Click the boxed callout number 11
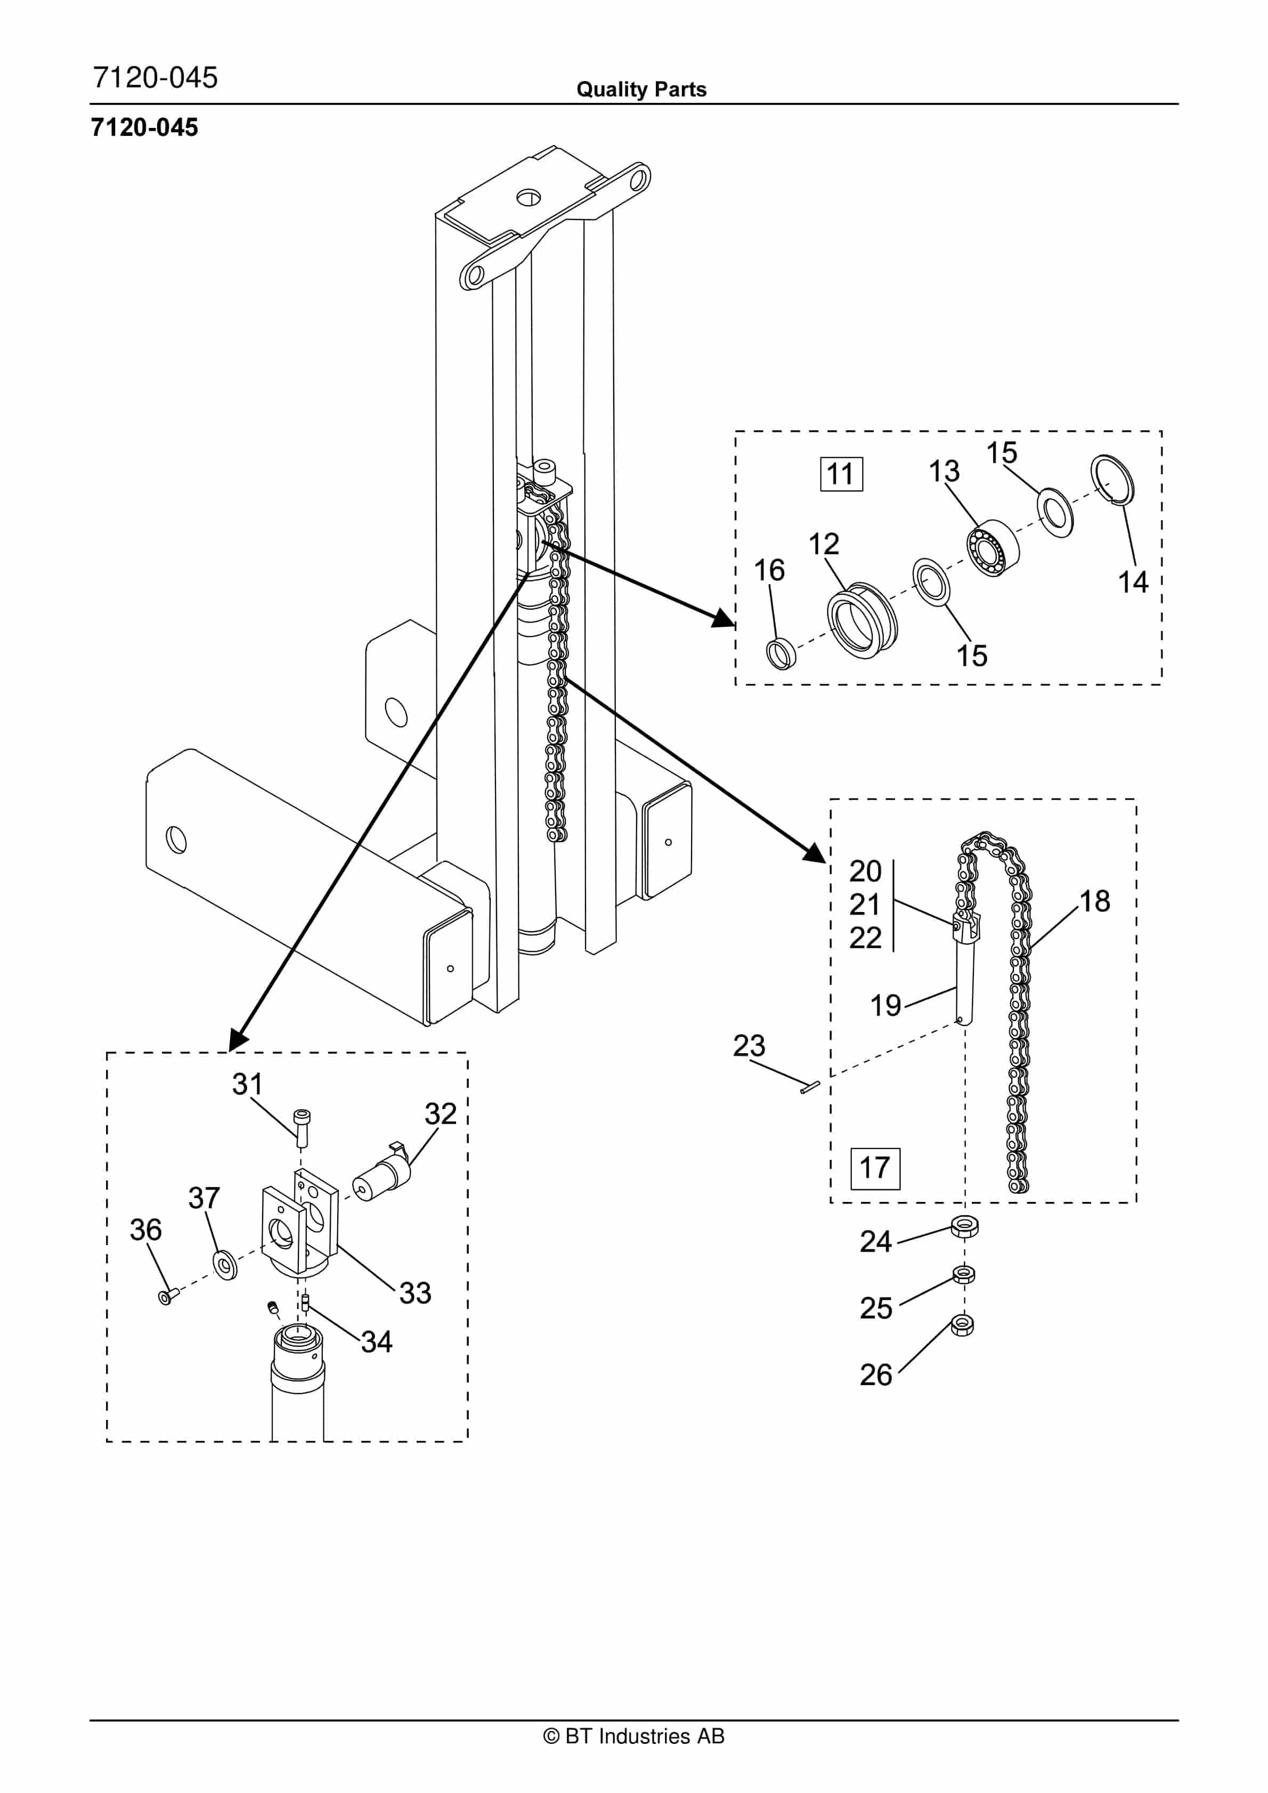841,474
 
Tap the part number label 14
1133,583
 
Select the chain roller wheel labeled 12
862,621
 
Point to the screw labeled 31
302,1128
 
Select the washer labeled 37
226,1264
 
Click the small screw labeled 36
167,1296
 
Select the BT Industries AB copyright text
633,1736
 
